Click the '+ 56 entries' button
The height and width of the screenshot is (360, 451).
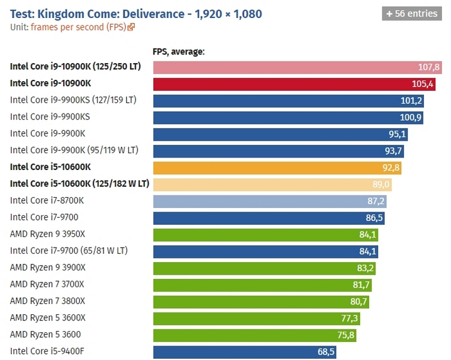tap(412, 13)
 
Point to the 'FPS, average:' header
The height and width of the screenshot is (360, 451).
tap(179, 52)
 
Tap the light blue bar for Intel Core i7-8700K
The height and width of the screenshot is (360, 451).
tap(269, 201)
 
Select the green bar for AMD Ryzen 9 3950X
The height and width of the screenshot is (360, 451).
tap(265, 234)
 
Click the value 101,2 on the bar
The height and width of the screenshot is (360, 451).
tap(411, 100)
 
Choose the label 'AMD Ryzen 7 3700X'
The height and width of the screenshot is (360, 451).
tap(48, 284)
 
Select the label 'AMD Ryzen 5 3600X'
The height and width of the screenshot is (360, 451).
tap(48, 318)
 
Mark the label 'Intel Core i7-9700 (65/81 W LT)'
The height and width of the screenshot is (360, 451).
tap(69, 251)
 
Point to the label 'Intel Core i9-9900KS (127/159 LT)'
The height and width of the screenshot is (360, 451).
tap(73, 100)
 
